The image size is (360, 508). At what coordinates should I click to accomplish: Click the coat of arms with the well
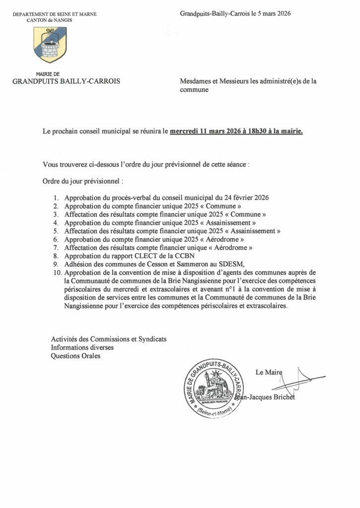point(50,45)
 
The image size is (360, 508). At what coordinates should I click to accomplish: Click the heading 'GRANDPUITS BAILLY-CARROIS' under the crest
point(67,81)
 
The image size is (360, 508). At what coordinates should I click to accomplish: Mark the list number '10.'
point(57,273)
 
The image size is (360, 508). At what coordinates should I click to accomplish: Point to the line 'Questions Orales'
point(75,356)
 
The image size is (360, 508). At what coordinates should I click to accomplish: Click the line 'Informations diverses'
point(82,347)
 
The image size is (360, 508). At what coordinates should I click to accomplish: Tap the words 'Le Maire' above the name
point(269,372)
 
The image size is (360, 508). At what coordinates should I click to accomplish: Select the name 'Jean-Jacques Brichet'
point(265,397)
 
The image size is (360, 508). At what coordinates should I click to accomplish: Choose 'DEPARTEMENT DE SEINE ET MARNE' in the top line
point(55,14)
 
